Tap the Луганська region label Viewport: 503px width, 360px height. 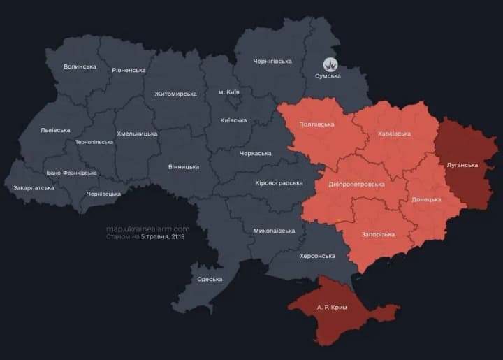[x=462, y=165]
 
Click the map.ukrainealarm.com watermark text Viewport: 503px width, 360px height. [x=147, y=229]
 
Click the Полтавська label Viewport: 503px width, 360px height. [x=316, y=124]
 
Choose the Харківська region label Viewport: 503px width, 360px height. [x=394, y=134]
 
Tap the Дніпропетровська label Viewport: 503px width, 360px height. [x=356, y=184]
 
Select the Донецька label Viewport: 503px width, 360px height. [x=426, y=199]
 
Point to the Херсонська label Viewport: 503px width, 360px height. [x=317, y=256]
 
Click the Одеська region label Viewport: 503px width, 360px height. [x=210, y=279]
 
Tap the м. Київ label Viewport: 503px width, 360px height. [x=229, y=92]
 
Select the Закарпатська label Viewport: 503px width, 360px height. [x=34, y=188]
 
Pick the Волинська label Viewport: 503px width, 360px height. [x=80, y=66]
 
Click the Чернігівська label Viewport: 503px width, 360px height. [x=272, y=62]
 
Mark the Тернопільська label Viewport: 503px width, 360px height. [x=94, y=142]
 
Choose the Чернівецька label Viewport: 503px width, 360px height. [x=104, y=194]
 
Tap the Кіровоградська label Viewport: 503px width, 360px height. [x=278, y=182]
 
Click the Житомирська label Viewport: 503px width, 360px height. [x=176, y=93]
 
